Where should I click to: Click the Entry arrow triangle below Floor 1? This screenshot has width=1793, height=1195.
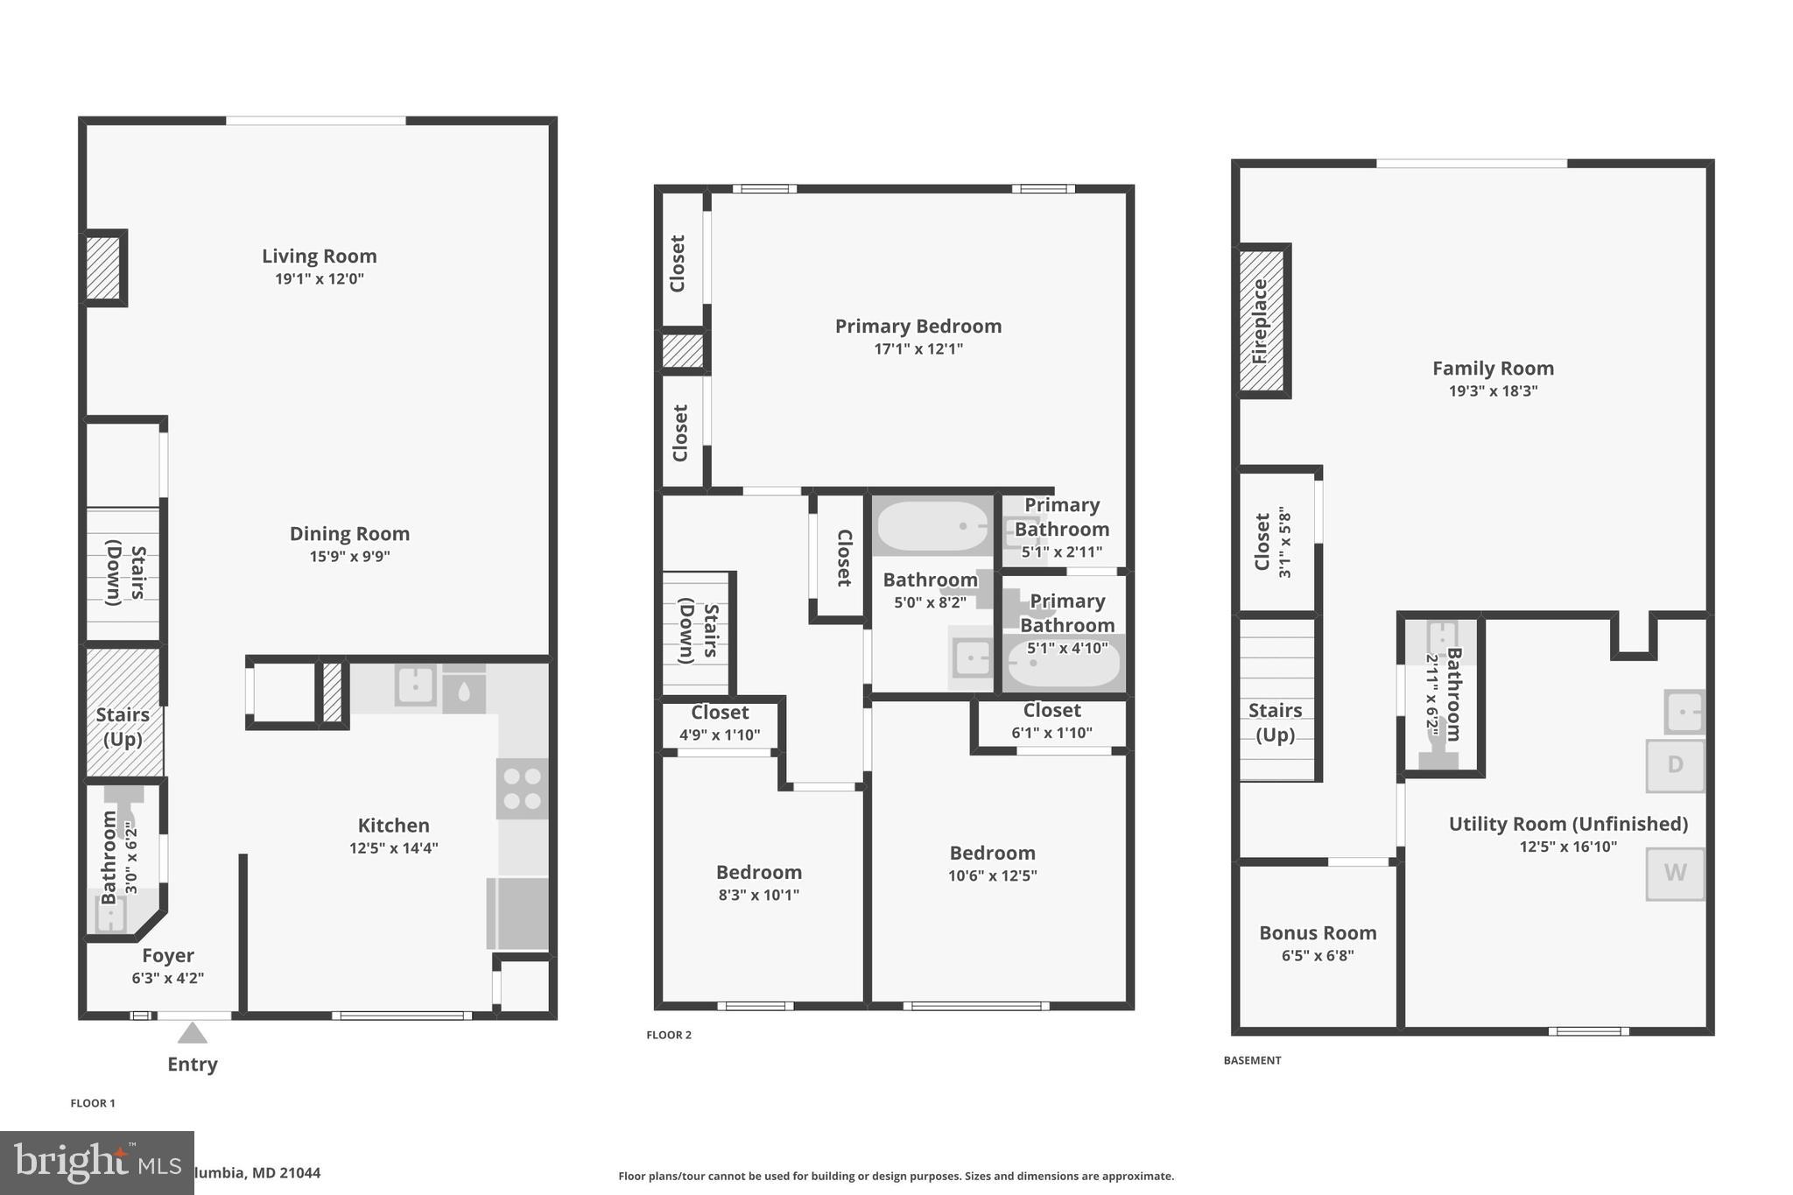coord(193,1034)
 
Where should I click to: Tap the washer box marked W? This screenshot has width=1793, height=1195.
coord(1675,873)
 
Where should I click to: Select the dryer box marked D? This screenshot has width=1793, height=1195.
coord(1675,765)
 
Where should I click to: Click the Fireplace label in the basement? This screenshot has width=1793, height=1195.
coord(1260,321)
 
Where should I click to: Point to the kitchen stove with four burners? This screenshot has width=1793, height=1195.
coord(522,789)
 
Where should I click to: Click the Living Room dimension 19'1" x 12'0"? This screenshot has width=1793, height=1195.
coord(319,279)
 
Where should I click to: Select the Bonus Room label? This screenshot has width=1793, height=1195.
coord(1318,933)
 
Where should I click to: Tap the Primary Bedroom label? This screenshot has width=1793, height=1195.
coord(918,327)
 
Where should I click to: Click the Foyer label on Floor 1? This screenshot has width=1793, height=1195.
coord(168,956)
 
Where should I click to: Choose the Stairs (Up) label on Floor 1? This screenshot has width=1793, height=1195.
coord(123,727)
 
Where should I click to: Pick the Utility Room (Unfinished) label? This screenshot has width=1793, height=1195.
coord(1568,824)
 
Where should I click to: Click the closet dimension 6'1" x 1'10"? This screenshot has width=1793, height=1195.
coord(1051,734)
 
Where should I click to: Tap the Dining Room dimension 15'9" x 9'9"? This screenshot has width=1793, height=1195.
coord(349,557)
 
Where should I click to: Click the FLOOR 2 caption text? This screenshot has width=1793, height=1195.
coord(669,1035)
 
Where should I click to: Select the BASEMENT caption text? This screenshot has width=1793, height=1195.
coord(1252,1060)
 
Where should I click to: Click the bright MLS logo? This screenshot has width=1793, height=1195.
coord(97,1163)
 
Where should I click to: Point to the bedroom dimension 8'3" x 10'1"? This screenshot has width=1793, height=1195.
coord(758,895)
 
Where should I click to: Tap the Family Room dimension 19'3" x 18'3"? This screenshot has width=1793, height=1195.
coord(1493,391)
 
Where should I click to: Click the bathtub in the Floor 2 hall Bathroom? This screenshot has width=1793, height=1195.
coord(932,526)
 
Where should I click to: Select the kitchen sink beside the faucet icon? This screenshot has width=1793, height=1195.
coord(416,685)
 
